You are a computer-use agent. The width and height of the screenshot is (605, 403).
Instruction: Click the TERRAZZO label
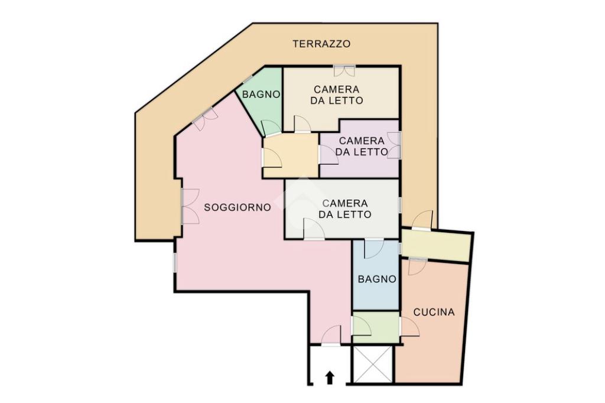[321, 44]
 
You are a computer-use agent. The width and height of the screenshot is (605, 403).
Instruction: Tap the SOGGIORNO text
[238, 207]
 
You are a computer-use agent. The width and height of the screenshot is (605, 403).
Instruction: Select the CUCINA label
[434, 312]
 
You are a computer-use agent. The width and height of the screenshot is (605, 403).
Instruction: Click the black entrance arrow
[329, 378]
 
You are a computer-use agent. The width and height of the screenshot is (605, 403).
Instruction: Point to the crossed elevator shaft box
[373, 365]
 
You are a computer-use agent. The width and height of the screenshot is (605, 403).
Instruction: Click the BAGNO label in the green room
[261, 94]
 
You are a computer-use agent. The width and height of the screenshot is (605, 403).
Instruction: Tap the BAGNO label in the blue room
[377, 279]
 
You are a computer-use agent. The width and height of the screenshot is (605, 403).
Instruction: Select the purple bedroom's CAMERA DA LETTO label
[362, 147]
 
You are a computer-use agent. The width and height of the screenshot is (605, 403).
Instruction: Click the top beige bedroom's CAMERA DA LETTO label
[336, 95]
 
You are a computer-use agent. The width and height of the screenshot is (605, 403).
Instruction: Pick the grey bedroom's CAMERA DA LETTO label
[344, 209]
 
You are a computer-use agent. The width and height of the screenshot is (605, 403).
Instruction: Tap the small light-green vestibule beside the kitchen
[376, 327]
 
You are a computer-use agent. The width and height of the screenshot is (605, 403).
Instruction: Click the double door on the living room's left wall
[190, 206]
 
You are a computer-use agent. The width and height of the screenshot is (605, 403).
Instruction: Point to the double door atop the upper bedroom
[344, 70]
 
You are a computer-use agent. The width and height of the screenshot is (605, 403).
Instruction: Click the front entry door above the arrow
[331, 335]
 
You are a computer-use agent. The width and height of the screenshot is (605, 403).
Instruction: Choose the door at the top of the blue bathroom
[374, 249]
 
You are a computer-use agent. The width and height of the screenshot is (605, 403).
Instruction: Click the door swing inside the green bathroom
[271, 128]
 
